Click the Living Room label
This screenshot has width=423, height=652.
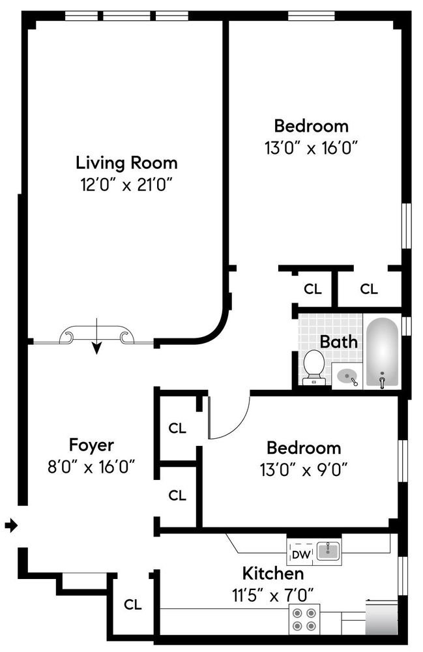pos(126,163)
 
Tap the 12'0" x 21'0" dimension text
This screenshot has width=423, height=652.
pos(126,185)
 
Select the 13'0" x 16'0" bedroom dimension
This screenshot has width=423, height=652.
pos(312,147)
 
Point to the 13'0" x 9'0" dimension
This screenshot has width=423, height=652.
pos(303,470)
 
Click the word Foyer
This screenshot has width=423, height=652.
pos(91,445)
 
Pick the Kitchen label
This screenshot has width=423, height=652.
pos(273,573)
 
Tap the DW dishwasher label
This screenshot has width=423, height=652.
pos(301,554)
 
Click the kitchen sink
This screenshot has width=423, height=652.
pos(328,552)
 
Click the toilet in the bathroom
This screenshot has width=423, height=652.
pos(314,366)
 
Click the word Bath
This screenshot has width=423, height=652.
pos(339,342)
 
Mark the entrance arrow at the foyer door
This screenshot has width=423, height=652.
pos(11,526)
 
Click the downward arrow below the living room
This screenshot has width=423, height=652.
pos(96,336)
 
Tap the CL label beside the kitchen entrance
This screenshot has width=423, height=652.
pos(133,604)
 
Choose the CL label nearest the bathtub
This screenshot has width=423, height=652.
pos(369,289)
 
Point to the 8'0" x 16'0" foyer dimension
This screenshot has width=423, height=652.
pos(91,467)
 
